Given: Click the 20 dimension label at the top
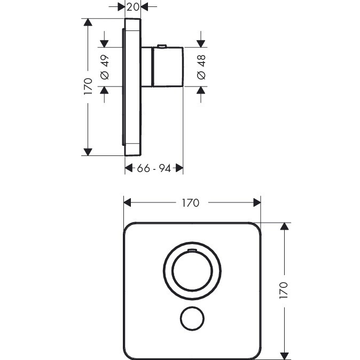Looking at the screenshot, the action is point(132,7).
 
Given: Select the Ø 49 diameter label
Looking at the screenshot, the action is point(105,67).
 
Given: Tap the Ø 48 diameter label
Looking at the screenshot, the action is point(201,67).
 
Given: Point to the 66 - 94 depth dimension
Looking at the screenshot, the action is point(154,169).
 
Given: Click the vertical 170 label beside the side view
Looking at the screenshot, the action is point(88,87).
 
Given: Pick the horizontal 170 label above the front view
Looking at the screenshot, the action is point(191,203).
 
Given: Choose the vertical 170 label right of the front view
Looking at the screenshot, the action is point(284,291).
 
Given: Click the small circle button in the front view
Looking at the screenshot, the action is point(192,319).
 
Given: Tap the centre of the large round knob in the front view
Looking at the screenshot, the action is point(192,271).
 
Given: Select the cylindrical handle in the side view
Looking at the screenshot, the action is point(168,67).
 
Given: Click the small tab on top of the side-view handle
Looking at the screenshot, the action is point(162,46).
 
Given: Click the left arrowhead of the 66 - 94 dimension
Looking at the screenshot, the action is point(129,168).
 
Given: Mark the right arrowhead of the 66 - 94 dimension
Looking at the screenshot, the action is point(179,168).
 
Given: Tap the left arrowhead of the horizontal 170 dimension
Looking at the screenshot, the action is point(128,203).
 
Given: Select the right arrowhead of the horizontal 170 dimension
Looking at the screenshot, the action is point(257,203).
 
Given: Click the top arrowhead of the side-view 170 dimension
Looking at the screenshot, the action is point(88,22).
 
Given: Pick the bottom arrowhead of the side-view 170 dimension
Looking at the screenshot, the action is point(88,152).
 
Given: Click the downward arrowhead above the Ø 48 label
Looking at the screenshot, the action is point(201,44).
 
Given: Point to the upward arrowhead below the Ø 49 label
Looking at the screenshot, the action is point(105,90).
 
